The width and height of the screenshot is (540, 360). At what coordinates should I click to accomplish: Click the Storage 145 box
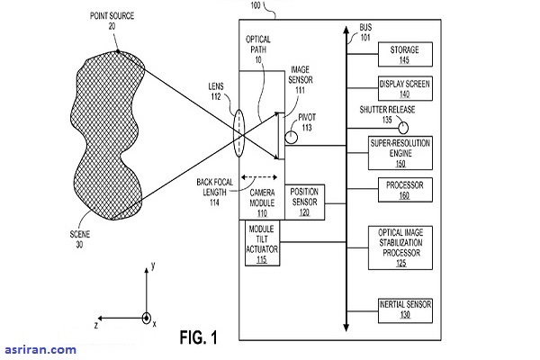(x=405, y=54)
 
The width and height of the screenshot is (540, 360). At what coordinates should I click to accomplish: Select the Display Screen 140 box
(x=405, y=88)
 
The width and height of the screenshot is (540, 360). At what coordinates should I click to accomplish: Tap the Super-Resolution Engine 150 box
(x=405, y=150)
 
